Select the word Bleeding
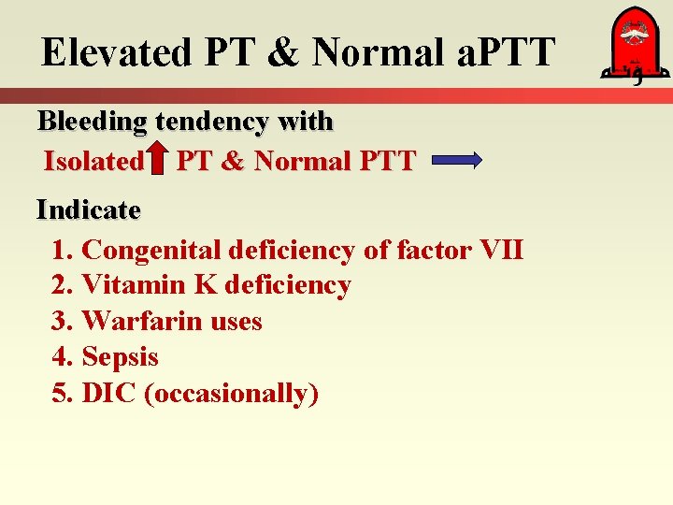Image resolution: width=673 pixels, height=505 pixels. [x=92, y=122]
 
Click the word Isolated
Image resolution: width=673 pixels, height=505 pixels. [x=93, y=162]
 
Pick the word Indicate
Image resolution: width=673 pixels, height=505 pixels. [x=88, y=210]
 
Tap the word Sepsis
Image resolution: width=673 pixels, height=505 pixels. [x=120, y=357]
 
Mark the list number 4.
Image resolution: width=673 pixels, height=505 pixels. [x=61, y=357]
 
